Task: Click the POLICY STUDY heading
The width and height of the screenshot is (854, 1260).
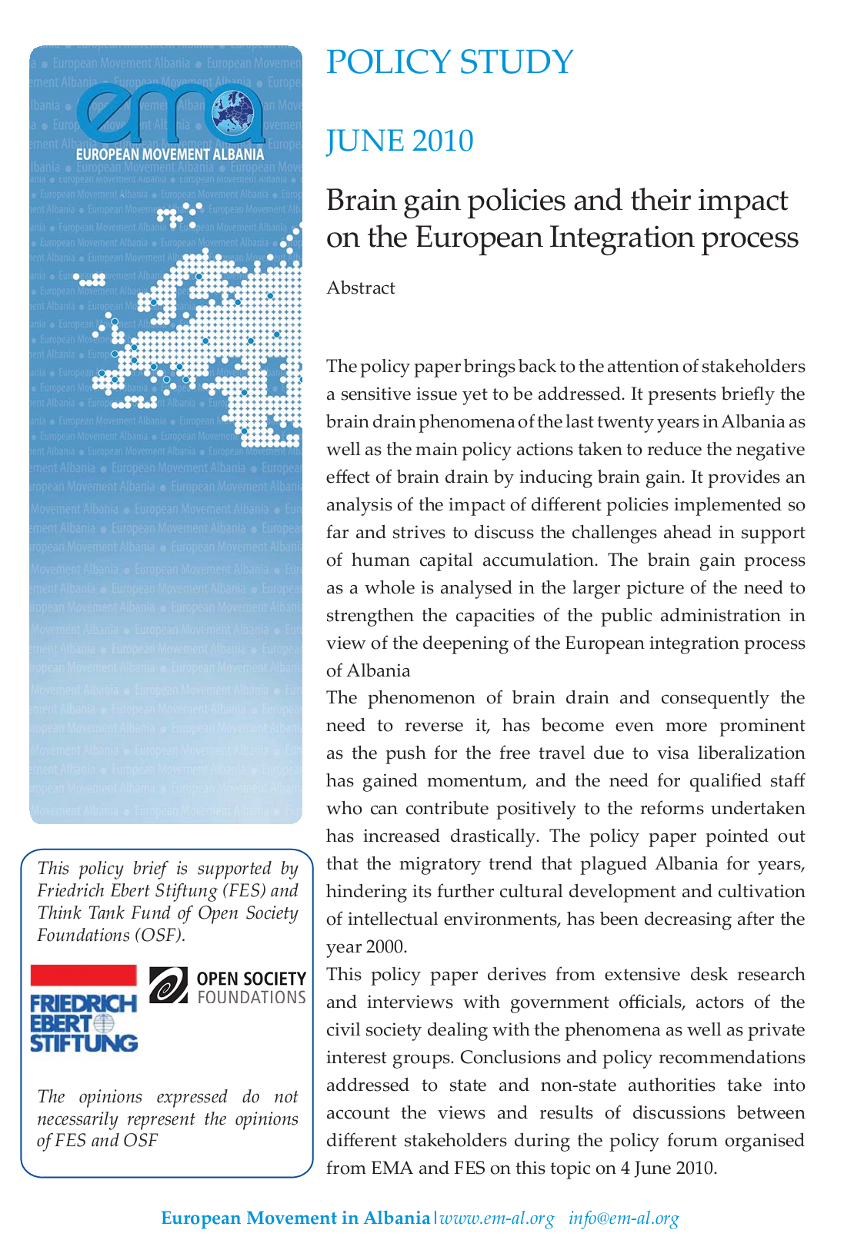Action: point(450,62)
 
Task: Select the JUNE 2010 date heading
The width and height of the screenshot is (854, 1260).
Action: point(400,141)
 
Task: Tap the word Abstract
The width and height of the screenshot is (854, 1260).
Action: point(361,288)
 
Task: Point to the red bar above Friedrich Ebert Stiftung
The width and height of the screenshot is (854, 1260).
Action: point(83,975)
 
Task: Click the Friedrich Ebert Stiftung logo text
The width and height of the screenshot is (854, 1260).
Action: point(83,1023)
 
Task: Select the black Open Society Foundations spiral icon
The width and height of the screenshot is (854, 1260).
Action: point(168,986)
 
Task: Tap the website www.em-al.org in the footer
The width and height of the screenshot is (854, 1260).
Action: point(497,1218)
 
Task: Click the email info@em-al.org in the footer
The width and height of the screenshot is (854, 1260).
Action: point(624,1218)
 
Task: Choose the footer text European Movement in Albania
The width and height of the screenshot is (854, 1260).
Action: point(295,1218)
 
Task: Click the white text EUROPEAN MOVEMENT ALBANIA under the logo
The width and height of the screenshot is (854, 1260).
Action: point(169,155)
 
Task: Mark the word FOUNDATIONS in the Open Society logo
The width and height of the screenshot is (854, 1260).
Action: point(252,998)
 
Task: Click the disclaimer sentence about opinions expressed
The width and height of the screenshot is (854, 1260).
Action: point(167,1119)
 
